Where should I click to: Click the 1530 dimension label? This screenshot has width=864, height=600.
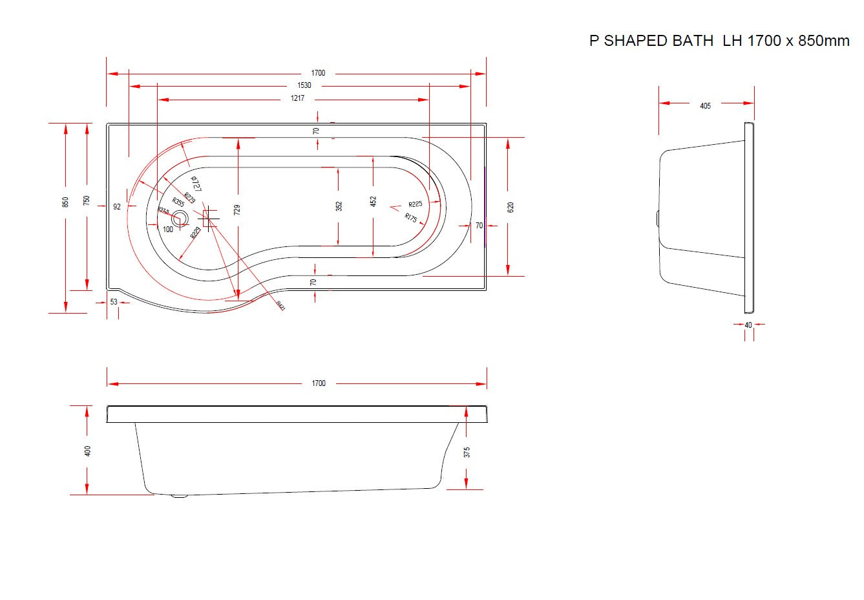[304, 85]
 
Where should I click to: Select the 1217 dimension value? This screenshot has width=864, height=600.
[297, 99]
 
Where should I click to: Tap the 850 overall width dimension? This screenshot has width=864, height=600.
[65, 202]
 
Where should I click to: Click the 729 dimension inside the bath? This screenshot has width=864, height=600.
[237, 209]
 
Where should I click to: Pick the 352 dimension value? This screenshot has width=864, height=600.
[339, 206]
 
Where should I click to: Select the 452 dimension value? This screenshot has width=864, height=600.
[373, 202]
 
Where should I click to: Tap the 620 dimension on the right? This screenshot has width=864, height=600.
[511, 208]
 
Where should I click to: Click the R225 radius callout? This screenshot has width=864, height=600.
[415, 204]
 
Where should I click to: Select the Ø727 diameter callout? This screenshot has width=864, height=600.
[196, 183]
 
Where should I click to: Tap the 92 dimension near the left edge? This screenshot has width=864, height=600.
[117, 207]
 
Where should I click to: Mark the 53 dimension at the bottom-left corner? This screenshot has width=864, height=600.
[114, 302]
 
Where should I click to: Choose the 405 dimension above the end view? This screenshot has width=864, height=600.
[705, 106]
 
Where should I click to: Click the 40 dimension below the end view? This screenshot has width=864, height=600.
[748, 325]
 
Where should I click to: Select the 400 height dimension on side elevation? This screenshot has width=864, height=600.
[88, 451]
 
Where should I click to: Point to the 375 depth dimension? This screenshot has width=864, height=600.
[467, 452]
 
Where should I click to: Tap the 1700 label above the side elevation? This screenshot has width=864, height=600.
[319, 383]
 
